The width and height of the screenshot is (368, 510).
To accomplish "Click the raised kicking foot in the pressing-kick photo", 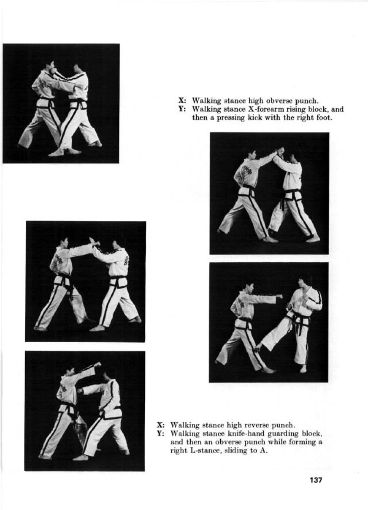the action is point(258,349).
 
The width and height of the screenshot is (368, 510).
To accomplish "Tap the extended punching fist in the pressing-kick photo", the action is point(279,297).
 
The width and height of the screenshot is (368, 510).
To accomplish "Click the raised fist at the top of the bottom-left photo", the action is point(98,364).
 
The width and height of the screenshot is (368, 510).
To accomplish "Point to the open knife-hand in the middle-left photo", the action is point(92,241).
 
